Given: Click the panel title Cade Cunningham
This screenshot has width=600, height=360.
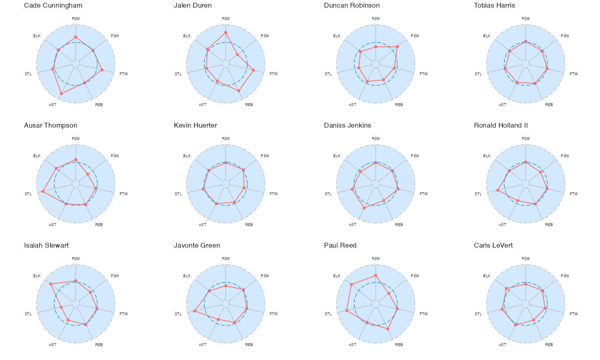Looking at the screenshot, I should click(x=53, y=6).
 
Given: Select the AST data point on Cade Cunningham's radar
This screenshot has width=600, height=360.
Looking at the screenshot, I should click(x=61, y=94).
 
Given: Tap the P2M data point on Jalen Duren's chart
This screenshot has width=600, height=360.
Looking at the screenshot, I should click(x=226, y=32).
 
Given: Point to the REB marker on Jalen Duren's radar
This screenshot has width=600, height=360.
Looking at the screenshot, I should click(x=239, y=91).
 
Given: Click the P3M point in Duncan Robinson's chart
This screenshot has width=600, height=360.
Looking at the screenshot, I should click(x=397, y=47).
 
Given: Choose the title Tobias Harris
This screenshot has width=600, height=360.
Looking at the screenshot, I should click(x=494, y=6).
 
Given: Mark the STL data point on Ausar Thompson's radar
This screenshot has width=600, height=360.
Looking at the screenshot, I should click(x=43, y=192).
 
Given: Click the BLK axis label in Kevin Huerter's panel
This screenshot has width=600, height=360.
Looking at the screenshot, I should click(x=187, y=156).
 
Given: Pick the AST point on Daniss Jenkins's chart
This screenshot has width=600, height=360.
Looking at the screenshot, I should click(x=364, y=208).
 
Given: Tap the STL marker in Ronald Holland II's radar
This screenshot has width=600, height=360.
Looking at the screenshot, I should click(x=498, y=190).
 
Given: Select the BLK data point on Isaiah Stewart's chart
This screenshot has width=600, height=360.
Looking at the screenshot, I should click(x=51, y=284).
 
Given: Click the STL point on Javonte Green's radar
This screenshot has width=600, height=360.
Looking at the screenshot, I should click(x=194, y=311).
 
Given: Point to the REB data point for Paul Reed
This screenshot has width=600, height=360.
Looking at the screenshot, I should click(x=388, y=329).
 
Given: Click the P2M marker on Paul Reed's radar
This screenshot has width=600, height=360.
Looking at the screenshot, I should click(x=376, y=276).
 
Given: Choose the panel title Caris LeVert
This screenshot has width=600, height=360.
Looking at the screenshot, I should click(x=493, y=246).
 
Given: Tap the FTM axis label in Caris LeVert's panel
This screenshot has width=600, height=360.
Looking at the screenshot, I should click(x=574, y=314).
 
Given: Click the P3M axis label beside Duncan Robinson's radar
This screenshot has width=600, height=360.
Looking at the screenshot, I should click(x=415, y=36).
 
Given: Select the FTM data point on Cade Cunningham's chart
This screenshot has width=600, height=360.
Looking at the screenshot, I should click(x=102, y=70).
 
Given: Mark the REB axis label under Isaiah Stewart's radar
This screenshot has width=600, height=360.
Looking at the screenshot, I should click(x=99, y=345).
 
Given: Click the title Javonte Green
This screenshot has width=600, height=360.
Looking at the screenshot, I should click(x=197, y=246).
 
